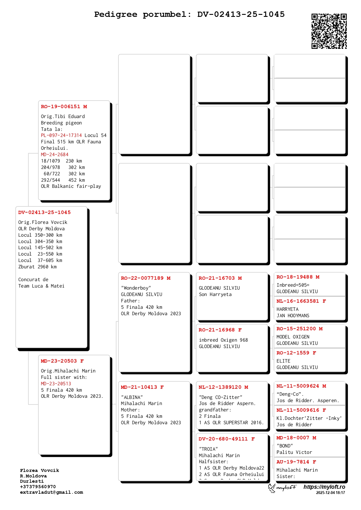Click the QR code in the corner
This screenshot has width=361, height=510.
[x=329, y=31]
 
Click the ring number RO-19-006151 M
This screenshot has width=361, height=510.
[x=64, y=107]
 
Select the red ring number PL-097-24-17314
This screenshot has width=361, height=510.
[x=61, y=135]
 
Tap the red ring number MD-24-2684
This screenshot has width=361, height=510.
[x=55, y=155]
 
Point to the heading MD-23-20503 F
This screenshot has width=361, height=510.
[x=62, y=361]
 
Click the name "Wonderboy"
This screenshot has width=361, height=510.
[x=136, y=288]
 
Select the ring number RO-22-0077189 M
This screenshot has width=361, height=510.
[x=146, y=278]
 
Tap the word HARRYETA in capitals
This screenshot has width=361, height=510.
[x=287, y=309]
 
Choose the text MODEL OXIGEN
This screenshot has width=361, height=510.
[x=293, y=337]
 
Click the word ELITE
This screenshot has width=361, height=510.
[x=283, y=361]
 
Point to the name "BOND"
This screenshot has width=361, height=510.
[x=285, y=446]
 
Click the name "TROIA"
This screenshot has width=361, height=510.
[x=208, y=449]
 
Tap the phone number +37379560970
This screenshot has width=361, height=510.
[x=38, y=487]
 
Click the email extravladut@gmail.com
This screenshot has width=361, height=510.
[x=51, y=492]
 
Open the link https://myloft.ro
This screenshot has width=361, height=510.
[x=324, y=487]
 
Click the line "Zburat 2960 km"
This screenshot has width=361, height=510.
[x=38, y=267]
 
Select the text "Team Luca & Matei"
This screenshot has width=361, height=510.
[x=41, y=286]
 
